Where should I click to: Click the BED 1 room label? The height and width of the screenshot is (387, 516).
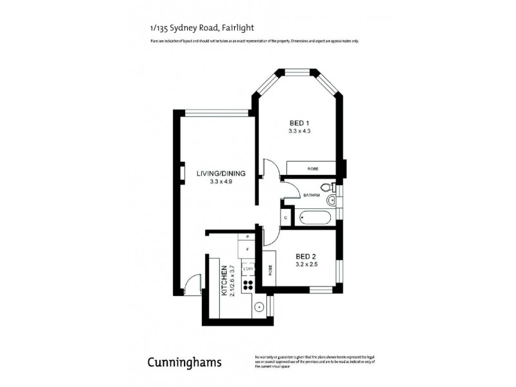click(299, 123)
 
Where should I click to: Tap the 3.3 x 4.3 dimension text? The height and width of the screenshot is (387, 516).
click(299, 131)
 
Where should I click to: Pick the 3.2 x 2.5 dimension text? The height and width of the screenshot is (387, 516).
click(306, 264)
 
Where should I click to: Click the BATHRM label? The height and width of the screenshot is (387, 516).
click(312, 195)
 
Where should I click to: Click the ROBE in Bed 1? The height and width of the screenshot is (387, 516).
click(312, 169)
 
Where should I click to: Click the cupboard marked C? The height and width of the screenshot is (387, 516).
click(286, 218)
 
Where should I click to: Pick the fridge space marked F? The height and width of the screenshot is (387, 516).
click(247, 248)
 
